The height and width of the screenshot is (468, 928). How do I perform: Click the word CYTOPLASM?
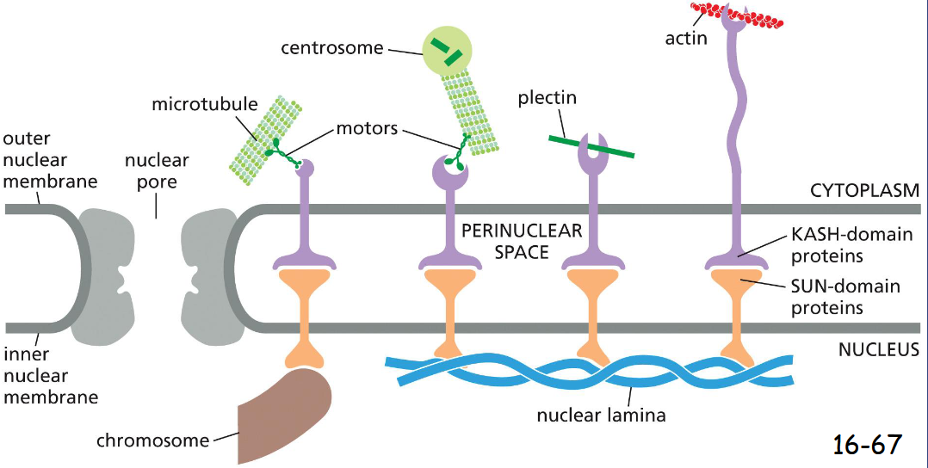click(x=864, y=189)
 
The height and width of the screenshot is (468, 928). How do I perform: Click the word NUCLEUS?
click(x=878, y=350)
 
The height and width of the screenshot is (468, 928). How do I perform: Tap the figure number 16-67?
click(x=867, y=444)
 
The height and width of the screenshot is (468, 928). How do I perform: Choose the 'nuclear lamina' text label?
click(x=601, y=416)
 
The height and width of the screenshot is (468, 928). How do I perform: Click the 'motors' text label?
click(x=366, y=129)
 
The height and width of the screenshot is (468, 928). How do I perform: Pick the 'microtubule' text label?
click(x=205, y=104)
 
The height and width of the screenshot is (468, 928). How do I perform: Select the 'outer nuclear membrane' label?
click(x=48, y=159)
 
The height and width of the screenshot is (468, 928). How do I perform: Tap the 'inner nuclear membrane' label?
click(x=48, y=375)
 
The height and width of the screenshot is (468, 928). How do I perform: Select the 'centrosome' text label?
click(x=331, y=47)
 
